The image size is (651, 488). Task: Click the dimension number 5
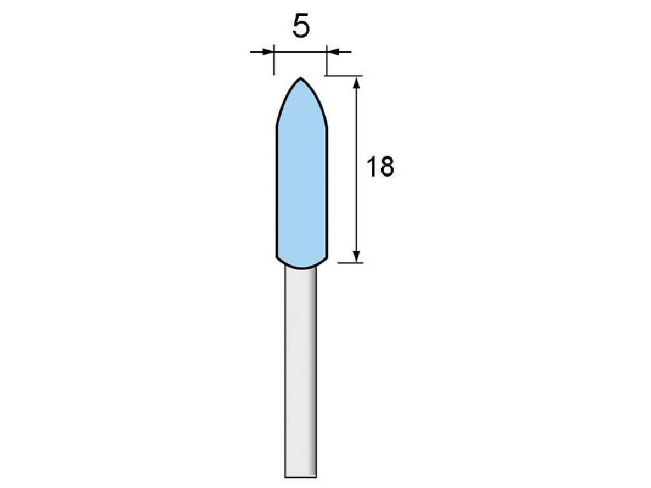click(x=301, y=26)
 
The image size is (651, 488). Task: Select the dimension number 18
click(x=380, y=166)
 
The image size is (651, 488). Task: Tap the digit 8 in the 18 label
click(x=387, y=166)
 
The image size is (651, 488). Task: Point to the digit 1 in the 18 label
click(x=371, y=166)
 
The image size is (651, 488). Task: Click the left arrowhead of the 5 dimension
click(x=268, y=52)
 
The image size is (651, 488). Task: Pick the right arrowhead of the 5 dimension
click(x=333, y=52)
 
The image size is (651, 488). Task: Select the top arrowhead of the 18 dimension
click(x=356, y=83)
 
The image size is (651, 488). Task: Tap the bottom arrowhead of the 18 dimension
click(x=356, y=256)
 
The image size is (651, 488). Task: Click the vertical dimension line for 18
click(x=356, y=169)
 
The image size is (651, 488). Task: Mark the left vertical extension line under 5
click(x=275, y=60)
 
